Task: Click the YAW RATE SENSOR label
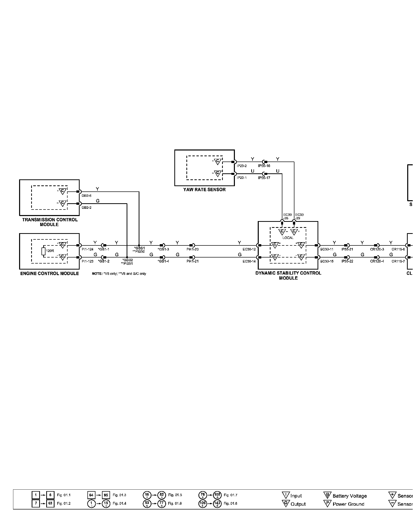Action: click(204, 190)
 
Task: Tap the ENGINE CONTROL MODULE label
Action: click(49, 273)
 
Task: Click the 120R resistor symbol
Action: click(43, 251)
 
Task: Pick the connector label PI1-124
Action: click(87, 249)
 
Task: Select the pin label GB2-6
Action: click(87, 195)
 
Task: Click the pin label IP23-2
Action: click(242, 166)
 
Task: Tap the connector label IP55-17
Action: click(264, 178)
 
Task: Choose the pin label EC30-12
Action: click(249, 249)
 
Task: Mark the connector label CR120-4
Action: click(377, 261)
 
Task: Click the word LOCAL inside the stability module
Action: click(288, 238)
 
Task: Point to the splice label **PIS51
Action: click(127, 264)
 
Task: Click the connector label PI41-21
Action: click(193, 261)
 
